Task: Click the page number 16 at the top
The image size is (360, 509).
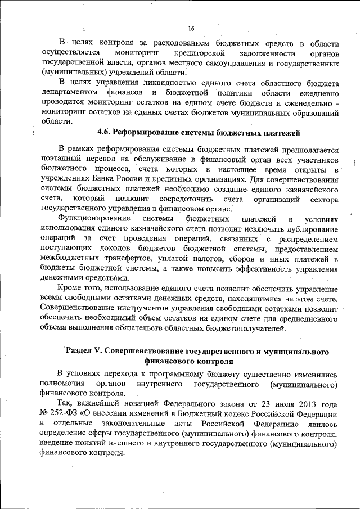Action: point(190,29)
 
